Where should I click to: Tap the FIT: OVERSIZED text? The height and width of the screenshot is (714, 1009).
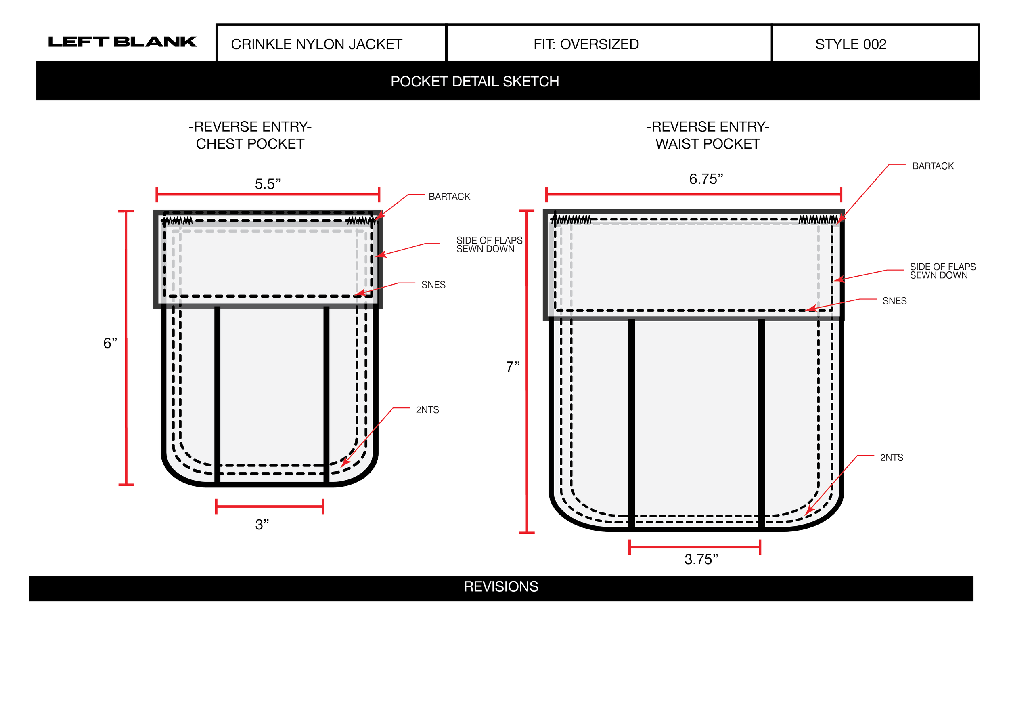point(586,44)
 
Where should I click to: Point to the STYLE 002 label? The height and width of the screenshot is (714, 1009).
point(851,44)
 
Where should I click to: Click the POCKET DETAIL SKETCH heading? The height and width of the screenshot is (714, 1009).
point(475,81)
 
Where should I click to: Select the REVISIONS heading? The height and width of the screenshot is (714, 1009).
point(501,586)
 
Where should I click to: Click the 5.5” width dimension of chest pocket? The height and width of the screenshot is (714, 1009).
point(268,184)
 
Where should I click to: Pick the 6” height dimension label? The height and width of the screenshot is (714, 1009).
point(110,343)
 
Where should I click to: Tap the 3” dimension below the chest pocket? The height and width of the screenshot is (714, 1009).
point(262,525)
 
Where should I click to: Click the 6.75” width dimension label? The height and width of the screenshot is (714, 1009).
point(706,179)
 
